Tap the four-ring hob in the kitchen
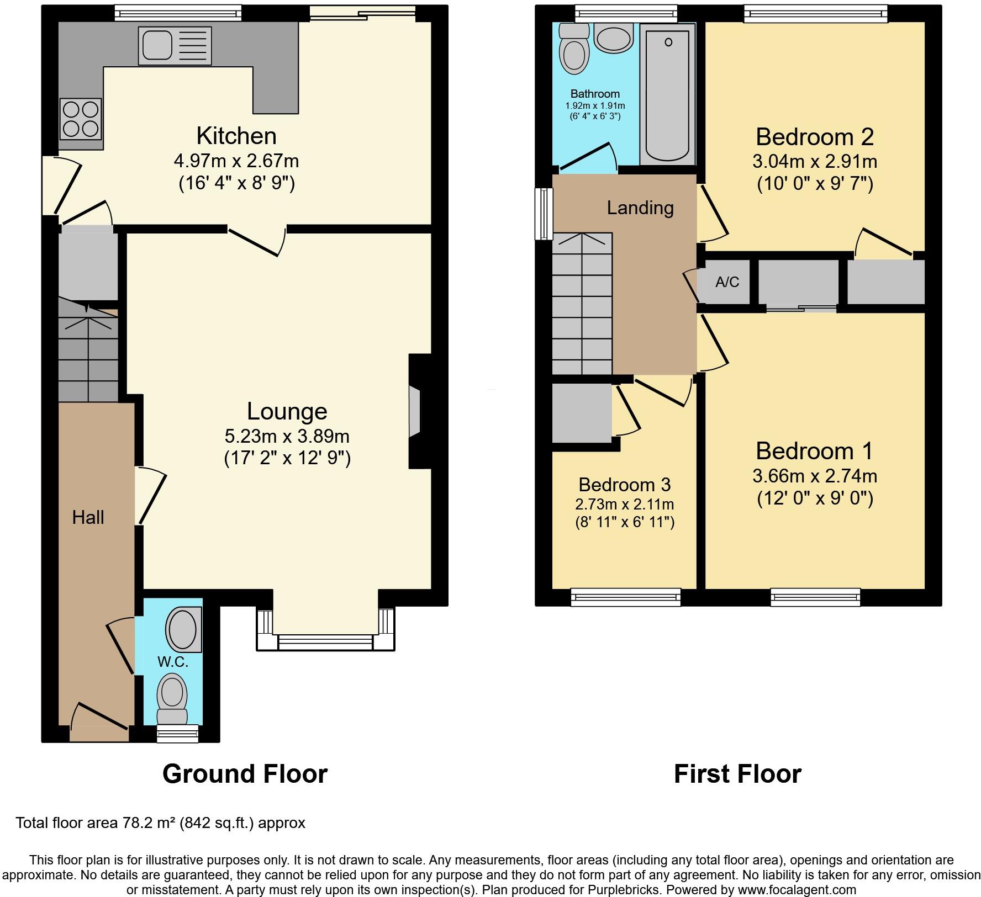(81, 118)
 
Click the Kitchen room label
(236, 136)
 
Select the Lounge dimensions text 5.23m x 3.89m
(287, 436)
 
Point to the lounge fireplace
(419, 411)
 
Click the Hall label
(88, 517)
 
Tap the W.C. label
(173, 662)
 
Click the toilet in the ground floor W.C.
(172, 699)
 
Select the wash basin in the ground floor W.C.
(184, 629)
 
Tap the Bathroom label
(595, 94)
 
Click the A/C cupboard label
(727, 283)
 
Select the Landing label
(640, 208)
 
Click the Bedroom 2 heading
(815, 136)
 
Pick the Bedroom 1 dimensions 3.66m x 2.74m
(815, 475)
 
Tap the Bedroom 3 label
(624, 484)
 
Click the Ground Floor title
(245, 773)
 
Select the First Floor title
(737, 773)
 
